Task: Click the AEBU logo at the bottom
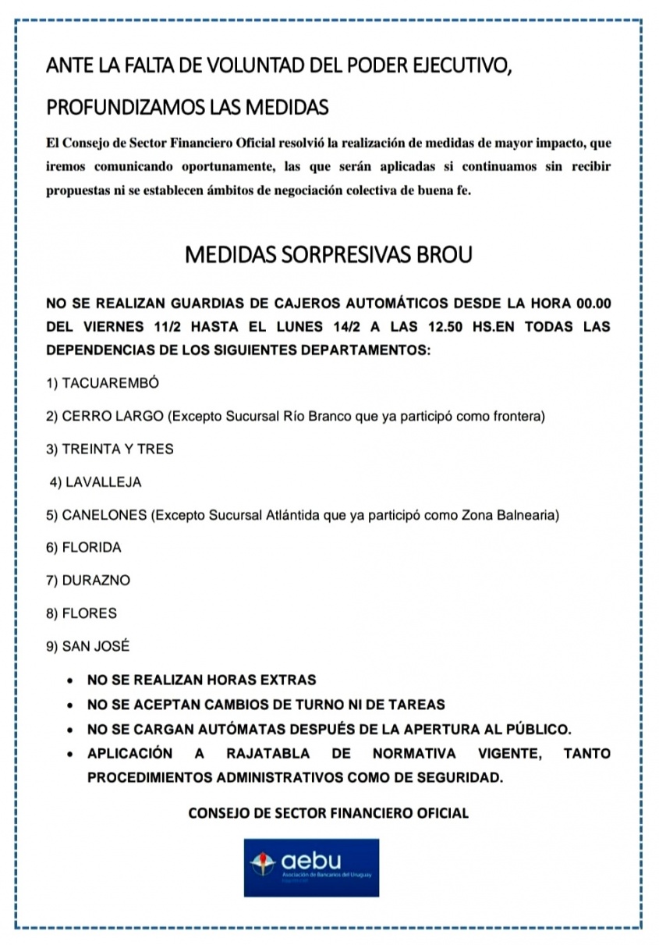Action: pyautogui.click(x=312, y=867)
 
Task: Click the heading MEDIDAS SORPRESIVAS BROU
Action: pyautogui.click(x=328, y=254)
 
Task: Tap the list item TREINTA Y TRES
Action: pyautogui.click(x=110, y=449)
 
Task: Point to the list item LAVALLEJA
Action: pyautogui.click(x=96, y=482)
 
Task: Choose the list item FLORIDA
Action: pyautogui.click(x=84, y=548)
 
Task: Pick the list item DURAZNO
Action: pyautogui.click(x=88, y=581)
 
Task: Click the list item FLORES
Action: pyautogui.click(x=82, y=613)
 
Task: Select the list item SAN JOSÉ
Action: pyautogui.click(x=88, y=646)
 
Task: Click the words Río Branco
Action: pyautogui.click(x=319, y=416)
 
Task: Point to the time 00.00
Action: pyautogui.click(x=593, y=303)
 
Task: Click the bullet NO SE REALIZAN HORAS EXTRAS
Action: pyautogui.click(x=201, y=680)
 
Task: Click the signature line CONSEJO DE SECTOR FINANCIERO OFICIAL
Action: pyautogui.click(x=328, y=813)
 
